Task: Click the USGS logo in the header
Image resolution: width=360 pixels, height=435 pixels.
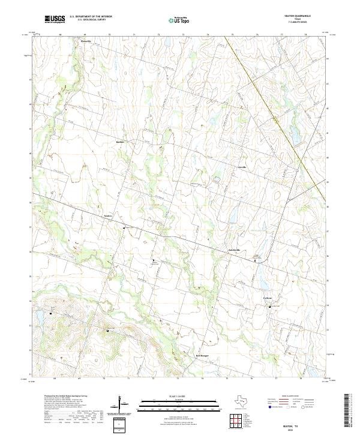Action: point(55,19)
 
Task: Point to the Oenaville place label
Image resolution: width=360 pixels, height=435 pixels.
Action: point(86,41)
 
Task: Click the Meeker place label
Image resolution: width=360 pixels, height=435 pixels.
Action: point(119,142)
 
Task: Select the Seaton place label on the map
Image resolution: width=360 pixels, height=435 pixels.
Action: point(109,214)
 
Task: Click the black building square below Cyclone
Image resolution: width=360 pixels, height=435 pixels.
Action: point(270,307)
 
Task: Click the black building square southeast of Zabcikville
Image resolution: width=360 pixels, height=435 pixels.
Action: point(257,260)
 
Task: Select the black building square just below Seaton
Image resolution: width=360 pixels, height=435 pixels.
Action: point(124,228)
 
